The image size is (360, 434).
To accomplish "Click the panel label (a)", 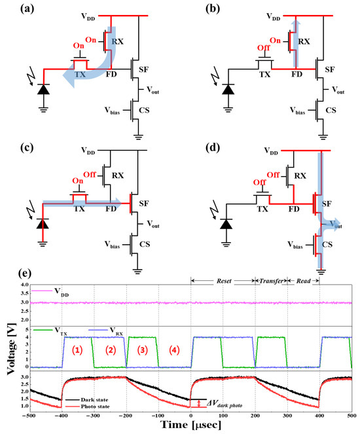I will [14, 11].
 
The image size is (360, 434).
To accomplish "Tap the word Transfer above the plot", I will [270, 280].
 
